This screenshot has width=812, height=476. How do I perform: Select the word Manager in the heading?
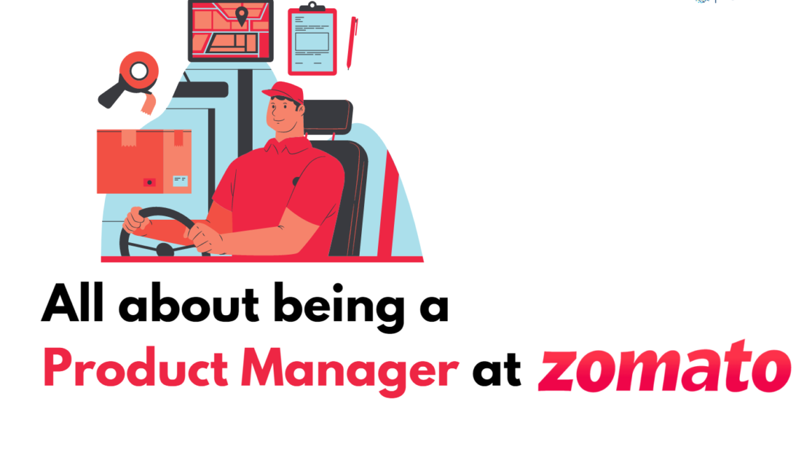350,368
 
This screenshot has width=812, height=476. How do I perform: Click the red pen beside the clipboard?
352,42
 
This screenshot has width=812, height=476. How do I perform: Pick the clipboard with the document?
312,42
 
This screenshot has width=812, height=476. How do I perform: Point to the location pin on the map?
241,15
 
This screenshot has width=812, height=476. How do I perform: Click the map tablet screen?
230,30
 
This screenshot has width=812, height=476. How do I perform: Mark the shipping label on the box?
180,181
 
